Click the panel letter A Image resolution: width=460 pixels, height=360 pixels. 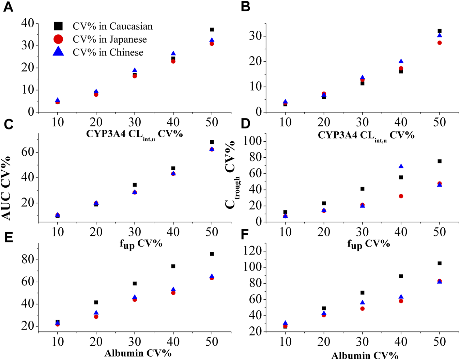[x=8, y=7]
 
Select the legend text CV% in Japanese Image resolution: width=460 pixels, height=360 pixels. [x=109, y=40]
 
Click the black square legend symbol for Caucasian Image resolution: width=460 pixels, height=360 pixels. [x=58, y=26]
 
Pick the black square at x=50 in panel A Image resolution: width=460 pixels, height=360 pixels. [x=212, y=30]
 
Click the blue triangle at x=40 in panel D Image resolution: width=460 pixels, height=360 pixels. [x=401, y=166]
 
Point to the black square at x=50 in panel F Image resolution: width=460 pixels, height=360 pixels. [x=440, y=263]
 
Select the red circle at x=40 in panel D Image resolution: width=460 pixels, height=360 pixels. [x=401, y=196]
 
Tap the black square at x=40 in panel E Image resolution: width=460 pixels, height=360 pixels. [x=173, y=266]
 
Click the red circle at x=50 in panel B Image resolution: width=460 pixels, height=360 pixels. [x=440, y=43]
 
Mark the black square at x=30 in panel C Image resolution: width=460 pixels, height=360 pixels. [x=135, y=185]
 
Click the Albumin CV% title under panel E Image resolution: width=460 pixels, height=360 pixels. [x=138, y=353]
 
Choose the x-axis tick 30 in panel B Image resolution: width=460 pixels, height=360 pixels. [x=362, y=122]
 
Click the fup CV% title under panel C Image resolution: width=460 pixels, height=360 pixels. [x=141, y=244]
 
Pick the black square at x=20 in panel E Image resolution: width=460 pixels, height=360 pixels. [x=96, y=302]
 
